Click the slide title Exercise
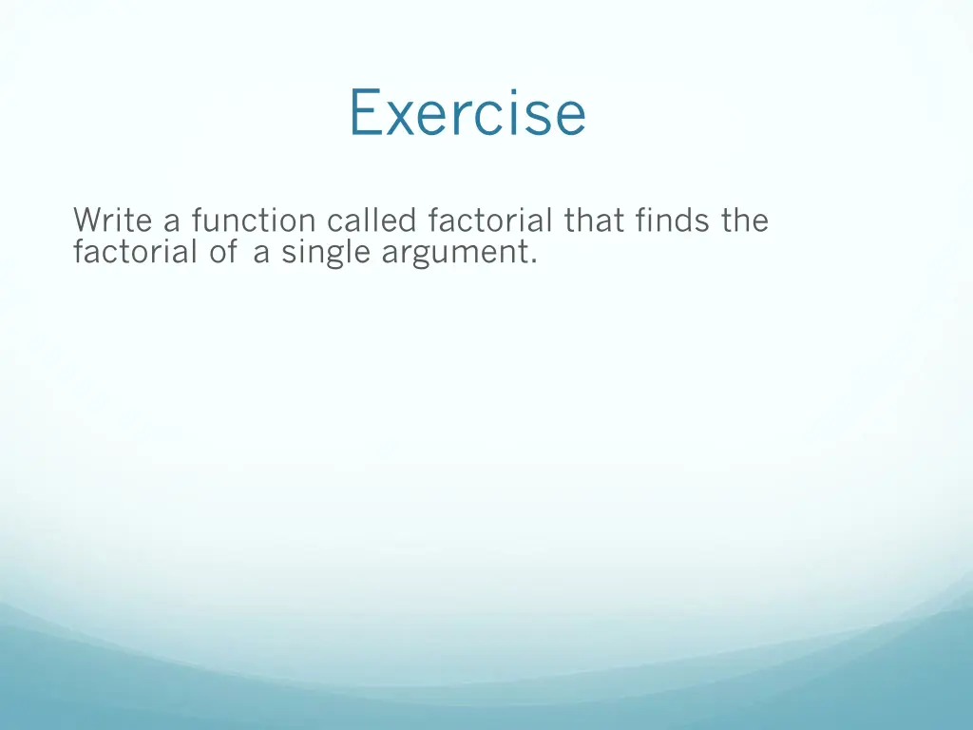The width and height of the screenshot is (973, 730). pyautogui.click(x=467, y=112)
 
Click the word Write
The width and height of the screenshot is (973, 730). pyautogui.click(x=114, y=221)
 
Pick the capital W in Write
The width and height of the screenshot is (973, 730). pyautogui.click(x=86, y=221)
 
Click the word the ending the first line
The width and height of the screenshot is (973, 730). pyautogui.click(x=744, y=221)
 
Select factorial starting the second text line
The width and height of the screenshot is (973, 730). pyautogui.click(x=135, y=253)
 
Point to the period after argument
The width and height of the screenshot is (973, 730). pyautogui.click(x=533, y=262)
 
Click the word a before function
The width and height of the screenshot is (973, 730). pyautogui.click(x=172, y=224)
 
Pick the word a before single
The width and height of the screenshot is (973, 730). pyautogui.click(x=261, y=256)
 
